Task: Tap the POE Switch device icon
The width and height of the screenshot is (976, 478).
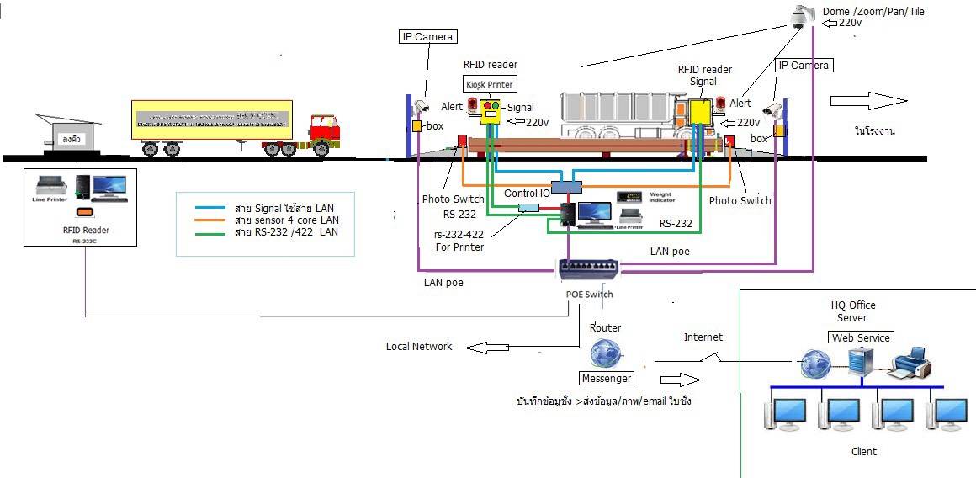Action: pos(589,269)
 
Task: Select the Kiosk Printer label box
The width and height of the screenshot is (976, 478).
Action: pos(489,84)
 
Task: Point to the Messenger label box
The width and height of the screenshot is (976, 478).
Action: pos(604,379)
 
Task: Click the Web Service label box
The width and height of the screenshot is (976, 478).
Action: pos(861,337)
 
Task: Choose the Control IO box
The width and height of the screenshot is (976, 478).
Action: pos(565,185)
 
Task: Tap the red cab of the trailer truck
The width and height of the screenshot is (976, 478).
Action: pos(325,129)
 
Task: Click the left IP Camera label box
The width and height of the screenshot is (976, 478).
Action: pos(427,36)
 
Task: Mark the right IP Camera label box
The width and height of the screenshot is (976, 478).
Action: pos(804,65)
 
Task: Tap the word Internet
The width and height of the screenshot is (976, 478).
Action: pos(703,337)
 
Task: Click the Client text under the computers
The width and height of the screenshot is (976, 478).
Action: pos(864,451)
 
